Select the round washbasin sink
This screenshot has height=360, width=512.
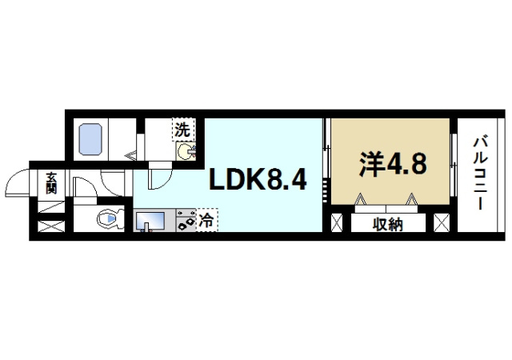(x=185, y=151)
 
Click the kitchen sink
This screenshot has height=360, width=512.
(x=150, y=218)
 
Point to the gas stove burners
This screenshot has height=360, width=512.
(x=186, y=221)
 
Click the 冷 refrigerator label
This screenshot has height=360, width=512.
(x=206, y=218)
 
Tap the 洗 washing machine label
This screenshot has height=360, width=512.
(x=183, y=128)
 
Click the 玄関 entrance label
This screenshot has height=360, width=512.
(x=51, y=183)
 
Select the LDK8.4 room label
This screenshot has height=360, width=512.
(x=258, y=181)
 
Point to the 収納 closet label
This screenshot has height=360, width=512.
(x=388, y=225)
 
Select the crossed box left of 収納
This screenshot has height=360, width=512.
(x=338, y=222)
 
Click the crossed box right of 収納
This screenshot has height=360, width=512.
(x=441, y=222)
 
